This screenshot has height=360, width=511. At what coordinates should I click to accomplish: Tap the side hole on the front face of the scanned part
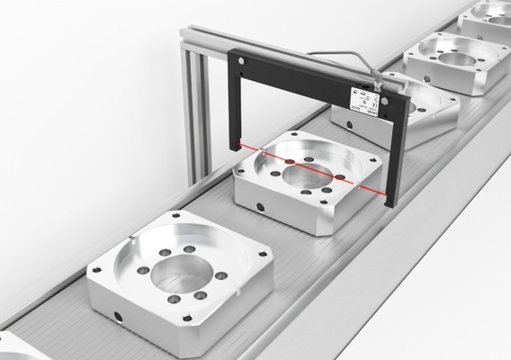[x=261, y=206]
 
